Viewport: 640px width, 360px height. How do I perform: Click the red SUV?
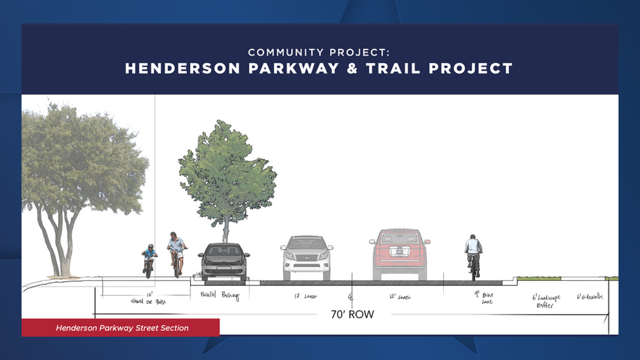coord(399,254)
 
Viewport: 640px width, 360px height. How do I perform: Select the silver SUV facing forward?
coord(306,257)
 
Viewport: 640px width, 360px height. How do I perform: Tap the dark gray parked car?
coord(223,261)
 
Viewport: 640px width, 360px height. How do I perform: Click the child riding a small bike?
coord(149,260)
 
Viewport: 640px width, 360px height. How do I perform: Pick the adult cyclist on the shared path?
coord(176,253)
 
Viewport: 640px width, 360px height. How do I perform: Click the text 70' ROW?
coord(352,314)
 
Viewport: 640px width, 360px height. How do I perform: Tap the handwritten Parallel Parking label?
coord(220,296)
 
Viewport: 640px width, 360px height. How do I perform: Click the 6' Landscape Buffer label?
coord(546,301)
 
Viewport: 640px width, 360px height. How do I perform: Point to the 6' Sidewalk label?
coord(590,296)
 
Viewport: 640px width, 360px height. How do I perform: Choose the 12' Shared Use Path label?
coord(148,299)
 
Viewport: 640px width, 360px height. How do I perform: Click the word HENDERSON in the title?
coord(182,68)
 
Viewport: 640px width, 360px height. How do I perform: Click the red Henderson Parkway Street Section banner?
coord(120,328)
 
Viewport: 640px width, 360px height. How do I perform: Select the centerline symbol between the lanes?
coord(350,297)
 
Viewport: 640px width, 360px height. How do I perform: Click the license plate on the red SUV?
coord(399,253)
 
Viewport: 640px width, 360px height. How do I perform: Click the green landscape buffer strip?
coord(538,278)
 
